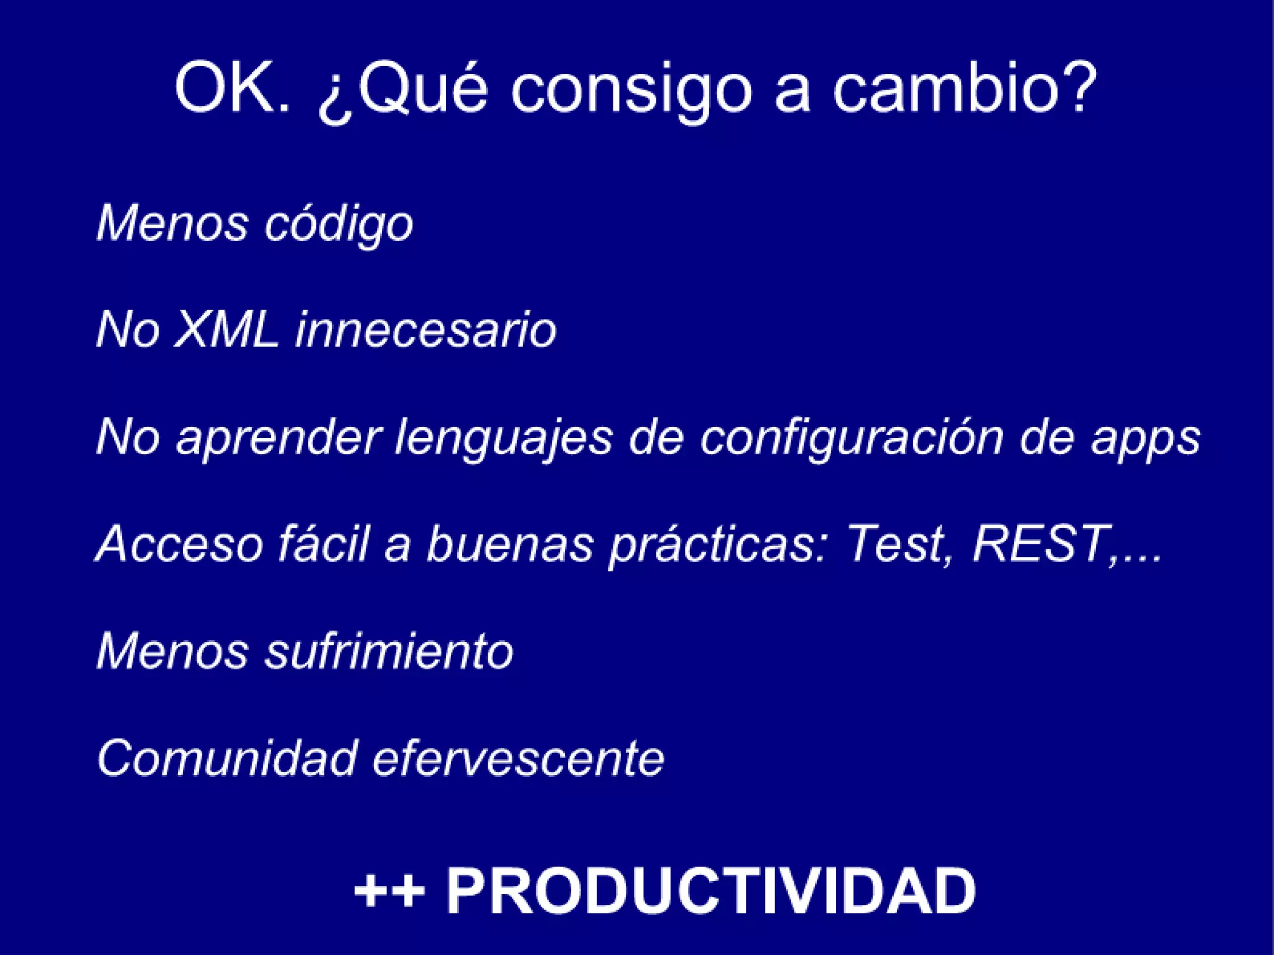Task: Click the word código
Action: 338,224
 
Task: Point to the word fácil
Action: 323,543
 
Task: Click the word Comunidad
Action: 227,758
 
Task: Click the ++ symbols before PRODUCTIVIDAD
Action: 389,891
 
